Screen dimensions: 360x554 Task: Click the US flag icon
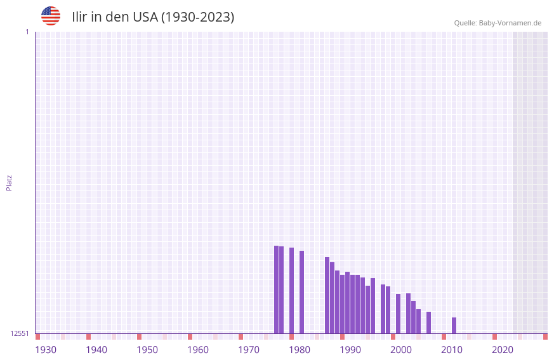coord(51,16)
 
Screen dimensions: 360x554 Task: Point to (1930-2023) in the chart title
coord(197,17)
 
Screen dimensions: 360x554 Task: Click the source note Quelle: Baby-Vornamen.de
coord(498,23)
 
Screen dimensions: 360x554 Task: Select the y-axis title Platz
coord(9,182)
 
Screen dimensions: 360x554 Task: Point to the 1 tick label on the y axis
coord(27,32)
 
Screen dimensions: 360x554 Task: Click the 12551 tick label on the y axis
coord(20,333)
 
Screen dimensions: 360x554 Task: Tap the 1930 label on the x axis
coord(46,349)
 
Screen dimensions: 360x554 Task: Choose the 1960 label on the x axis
coord(198,349)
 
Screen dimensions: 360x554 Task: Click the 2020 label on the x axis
coord(503,349)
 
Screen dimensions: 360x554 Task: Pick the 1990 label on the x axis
coord(350,349)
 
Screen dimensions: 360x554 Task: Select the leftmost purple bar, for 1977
coord(277,289)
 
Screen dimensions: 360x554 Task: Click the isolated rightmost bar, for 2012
coord(454,325)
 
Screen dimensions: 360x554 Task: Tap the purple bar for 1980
coord(292,290)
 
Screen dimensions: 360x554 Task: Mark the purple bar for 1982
coord(302,291)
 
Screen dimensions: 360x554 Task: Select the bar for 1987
coord(327,295)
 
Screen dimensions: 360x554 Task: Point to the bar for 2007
coord(429,323)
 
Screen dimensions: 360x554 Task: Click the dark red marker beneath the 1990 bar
coord(343,337)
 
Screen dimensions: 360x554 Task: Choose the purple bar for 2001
coord(399,313)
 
